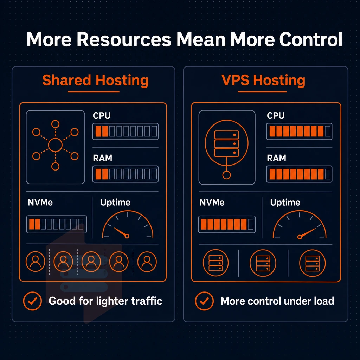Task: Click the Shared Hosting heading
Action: click(95, 81)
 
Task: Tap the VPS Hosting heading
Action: click(263, 81)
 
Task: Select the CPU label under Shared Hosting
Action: click(102, 115)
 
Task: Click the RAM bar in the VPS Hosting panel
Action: click(299, 174)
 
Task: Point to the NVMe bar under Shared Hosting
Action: click(57, 224)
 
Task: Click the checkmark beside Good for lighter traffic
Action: click(32, 301)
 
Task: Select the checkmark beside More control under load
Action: click(204, 301)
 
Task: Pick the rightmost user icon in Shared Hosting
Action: click(147, 262)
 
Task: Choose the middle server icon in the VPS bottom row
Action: click(263, 263)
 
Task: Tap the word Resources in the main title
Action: click(124, 39)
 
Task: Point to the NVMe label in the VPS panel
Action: click(212, 202)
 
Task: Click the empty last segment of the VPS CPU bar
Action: click(328, 131)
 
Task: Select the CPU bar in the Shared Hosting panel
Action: click(126, 131)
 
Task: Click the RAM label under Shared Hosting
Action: click(102, 158)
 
